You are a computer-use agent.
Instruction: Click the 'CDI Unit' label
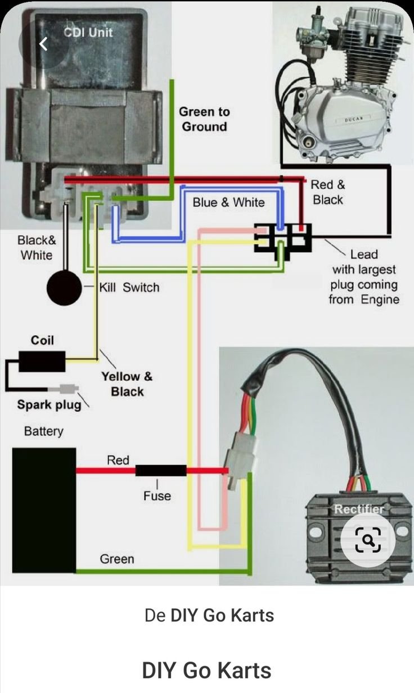pos(88,32)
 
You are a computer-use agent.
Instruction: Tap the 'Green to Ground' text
pos(204,119)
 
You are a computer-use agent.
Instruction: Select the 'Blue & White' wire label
pos(228,202)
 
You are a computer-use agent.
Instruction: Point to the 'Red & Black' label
pos(328,192)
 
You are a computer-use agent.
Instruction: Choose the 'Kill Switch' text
pos(129,287)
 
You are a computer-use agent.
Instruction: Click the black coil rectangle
pos(42,361)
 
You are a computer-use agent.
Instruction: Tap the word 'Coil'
pos(42,340)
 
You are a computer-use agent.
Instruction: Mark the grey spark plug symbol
pos(63,389)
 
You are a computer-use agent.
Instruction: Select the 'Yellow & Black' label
pos(127,384)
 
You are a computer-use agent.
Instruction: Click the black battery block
pos(44,510)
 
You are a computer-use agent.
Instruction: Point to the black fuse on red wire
pos(161,470)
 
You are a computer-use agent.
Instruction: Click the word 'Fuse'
pos(157,496)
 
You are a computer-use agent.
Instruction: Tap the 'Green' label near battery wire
pos(117,559)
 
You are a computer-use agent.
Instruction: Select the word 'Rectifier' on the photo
pos(359,509)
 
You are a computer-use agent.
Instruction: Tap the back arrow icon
pos(44,44)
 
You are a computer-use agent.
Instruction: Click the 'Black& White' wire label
pos(37,247)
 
